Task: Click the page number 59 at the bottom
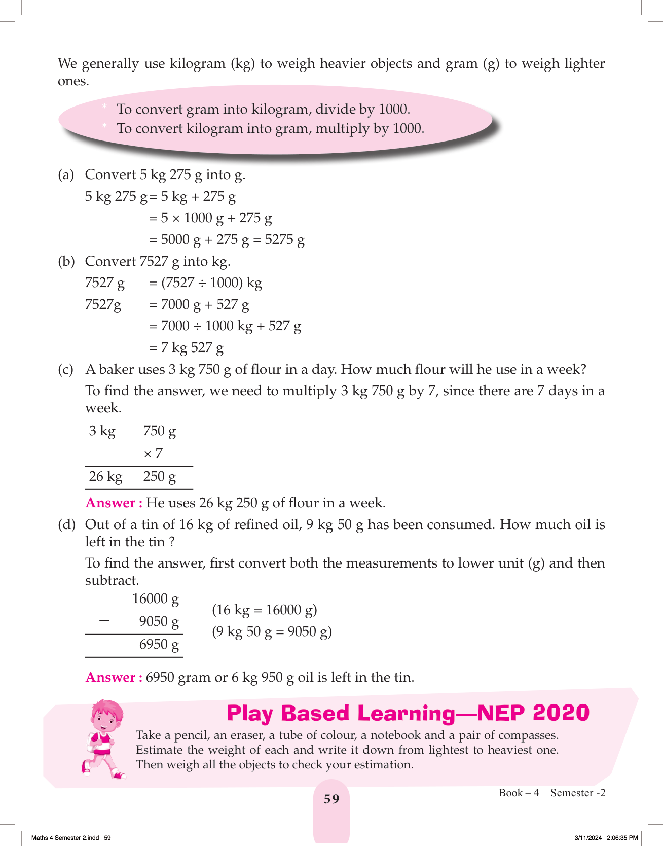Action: (x=331, y=799)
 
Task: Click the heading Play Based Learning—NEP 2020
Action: (x=408, y=713)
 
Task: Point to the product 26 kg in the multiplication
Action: (x=105, y=477)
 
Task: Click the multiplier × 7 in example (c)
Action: (x=153, y=453)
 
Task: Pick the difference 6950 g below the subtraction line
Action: (x=159, y=645)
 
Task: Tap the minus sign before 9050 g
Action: (x=104, y=620)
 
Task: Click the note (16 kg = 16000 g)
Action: (x=264, y=610)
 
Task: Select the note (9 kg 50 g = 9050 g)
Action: (x=272, y=632)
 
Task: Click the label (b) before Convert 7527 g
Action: (x=66, y=261)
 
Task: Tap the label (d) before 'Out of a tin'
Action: (x=66, y=524)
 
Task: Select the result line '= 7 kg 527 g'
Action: (x=186, y=348)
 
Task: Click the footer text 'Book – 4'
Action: (x=519, y=793)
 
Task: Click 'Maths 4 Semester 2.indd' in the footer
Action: (x=65, y=838)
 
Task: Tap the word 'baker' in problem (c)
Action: (x=117, y=369)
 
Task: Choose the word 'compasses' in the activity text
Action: (x=528, y=735)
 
